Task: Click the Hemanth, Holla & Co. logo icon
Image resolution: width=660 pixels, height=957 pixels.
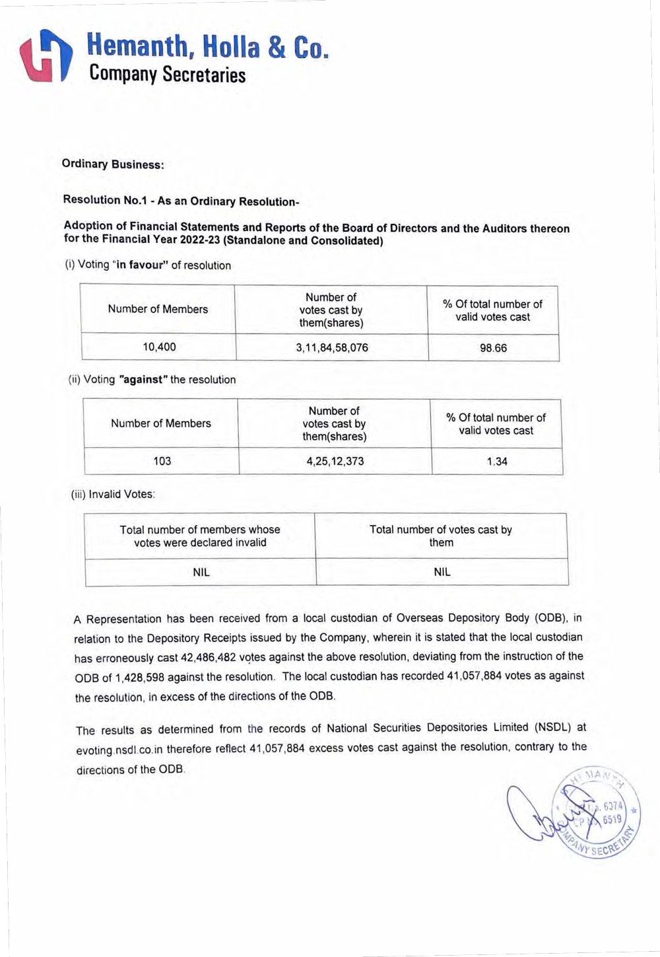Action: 45,55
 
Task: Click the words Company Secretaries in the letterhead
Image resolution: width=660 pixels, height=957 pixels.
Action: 167,74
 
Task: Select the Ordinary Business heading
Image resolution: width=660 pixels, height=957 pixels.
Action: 112,164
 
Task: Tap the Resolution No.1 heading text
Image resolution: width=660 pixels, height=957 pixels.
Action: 181,201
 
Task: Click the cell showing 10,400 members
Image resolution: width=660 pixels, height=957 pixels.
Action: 159,347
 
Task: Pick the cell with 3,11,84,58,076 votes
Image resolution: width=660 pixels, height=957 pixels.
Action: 332,347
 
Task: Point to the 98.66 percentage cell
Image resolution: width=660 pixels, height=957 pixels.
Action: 493,348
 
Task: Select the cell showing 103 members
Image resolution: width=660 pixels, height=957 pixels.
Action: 162,461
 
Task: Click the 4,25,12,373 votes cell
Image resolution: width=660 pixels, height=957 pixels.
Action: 335,461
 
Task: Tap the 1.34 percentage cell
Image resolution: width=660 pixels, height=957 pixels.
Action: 497,462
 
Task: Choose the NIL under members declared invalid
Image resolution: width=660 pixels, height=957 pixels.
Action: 201,572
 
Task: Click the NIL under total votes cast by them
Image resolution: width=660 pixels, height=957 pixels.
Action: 442,572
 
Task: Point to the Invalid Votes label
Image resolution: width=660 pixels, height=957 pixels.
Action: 113,494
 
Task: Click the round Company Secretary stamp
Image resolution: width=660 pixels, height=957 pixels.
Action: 596,814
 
